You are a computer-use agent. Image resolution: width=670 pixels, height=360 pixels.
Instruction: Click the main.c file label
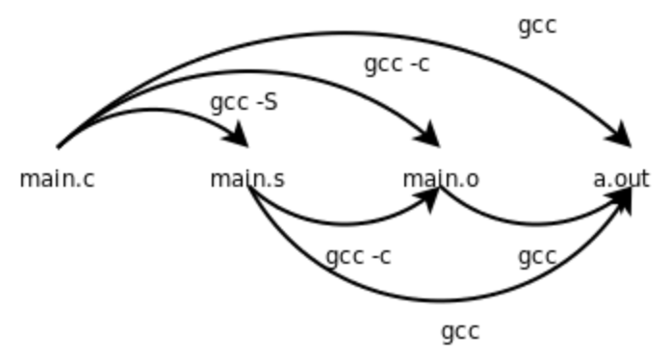(57, 179)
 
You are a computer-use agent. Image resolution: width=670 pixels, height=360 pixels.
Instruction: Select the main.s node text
(247, 179)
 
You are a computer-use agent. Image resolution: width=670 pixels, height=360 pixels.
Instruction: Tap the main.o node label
(440, 179)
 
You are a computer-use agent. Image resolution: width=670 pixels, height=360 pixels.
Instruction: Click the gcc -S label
(244, 102)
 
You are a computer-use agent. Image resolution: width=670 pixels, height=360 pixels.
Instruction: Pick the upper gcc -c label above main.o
(397, 64)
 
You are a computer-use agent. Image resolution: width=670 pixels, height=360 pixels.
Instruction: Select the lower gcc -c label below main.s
(358, 257)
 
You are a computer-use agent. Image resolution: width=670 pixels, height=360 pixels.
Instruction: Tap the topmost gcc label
(537, 26)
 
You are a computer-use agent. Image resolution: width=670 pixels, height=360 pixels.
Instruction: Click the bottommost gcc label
(460, 332)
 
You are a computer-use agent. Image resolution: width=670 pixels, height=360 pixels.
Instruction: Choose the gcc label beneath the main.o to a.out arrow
(537, 257)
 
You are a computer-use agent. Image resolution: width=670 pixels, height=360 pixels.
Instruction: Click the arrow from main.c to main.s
(154, 110)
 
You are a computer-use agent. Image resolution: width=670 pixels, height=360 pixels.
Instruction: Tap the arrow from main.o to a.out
(534, 224)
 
